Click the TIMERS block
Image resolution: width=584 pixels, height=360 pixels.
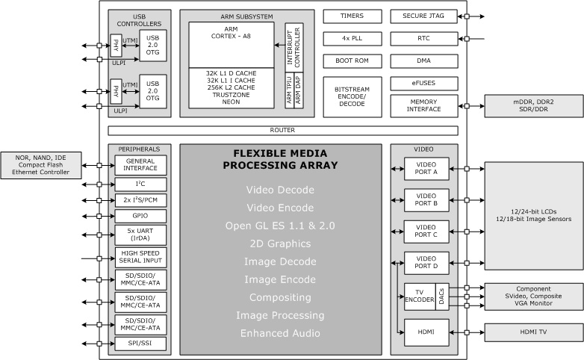tap(352, 16)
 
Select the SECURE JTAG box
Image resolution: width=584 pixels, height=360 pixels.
tap(424, 16)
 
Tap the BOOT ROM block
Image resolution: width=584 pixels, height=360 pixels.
tap(352, 61)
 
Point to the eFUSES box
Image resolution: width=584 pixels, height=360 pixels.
tap(424, 84)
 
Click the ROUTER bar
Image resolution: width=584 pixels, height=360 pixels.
tap(283, 131)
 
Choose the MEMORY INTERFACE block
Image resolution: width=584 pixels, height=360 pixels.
tap(424, 106)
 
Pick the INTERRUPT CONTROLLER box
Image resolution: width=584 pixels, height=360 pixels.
tap(294, 47)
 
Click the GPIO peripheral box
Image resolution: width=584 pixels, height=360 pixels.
tap(140, 216)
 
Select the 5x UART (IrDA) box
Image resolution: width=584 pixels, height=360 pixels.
tap(140, 235)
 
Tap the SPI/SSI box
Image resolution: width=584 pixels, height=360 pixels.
tap(140, 344)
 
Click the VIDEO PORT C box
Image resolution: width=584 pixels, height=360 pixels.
tap(426, 232)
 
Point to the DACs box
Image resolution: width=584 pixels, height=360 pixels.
tap(441, 297)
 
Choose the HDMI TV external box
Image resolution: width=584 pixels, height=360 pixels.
tap(534, 332)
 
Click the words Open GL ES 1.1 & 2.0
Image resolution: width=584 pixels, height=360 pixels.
tap(280, 226)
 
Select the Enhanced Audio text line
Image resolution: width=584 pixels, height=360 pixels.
tap(280, 333)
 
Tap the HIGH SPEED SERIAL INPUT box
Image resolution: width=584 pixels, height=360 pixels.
tap(140, 257)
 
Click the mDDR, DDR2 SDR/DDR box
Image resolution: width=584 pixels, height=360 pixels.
tap(534, 106)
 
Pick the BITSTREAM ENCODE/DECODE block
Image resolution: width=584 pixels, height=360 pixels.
tap(352, 97)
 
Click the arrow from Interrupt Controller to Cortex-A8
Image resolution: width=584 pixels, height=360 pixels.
tap(280, 45)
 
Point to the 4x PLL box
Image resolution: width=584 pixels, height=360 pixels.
tap(352, 39)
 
